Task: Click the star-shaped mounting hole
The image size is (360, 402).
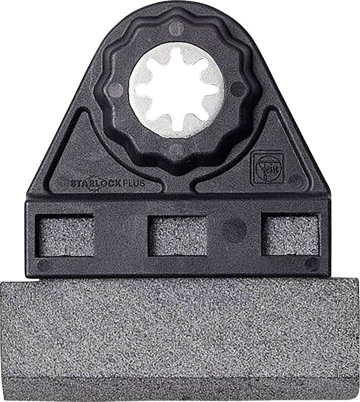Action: pyautogui.click(x=176, y=91)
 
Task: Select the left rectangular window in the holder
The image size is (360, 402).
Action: pyautogui.click(x=66, y=235)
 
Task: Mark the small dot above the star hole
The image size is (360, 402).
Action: pyautogui.click(x=176, y=28)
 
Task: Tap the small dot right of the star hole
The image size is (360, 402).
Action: pyautogui.click(x=237, y=90)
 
